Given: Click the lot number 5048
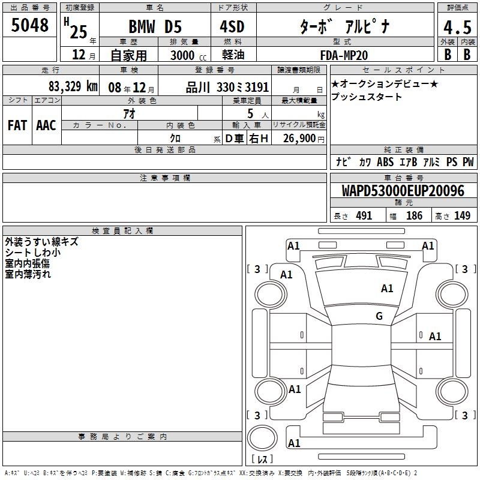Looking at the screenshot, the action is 29,25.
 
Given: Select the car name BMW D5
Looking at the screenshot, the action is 155,26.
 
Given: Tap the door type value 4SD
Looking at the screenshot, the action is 232,26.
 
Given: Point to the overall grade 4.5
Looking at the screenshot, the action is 457,27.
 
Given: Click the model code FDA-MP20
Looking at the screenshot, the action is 344,55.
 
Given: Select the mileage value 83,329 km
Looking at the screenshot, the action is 73,86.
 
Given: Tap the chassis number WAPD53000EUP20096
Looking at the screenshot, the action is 403,191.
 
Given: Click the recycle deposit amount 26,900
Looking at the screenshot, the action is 299,139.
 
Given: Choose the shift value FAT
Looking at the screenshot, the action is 17,125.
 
